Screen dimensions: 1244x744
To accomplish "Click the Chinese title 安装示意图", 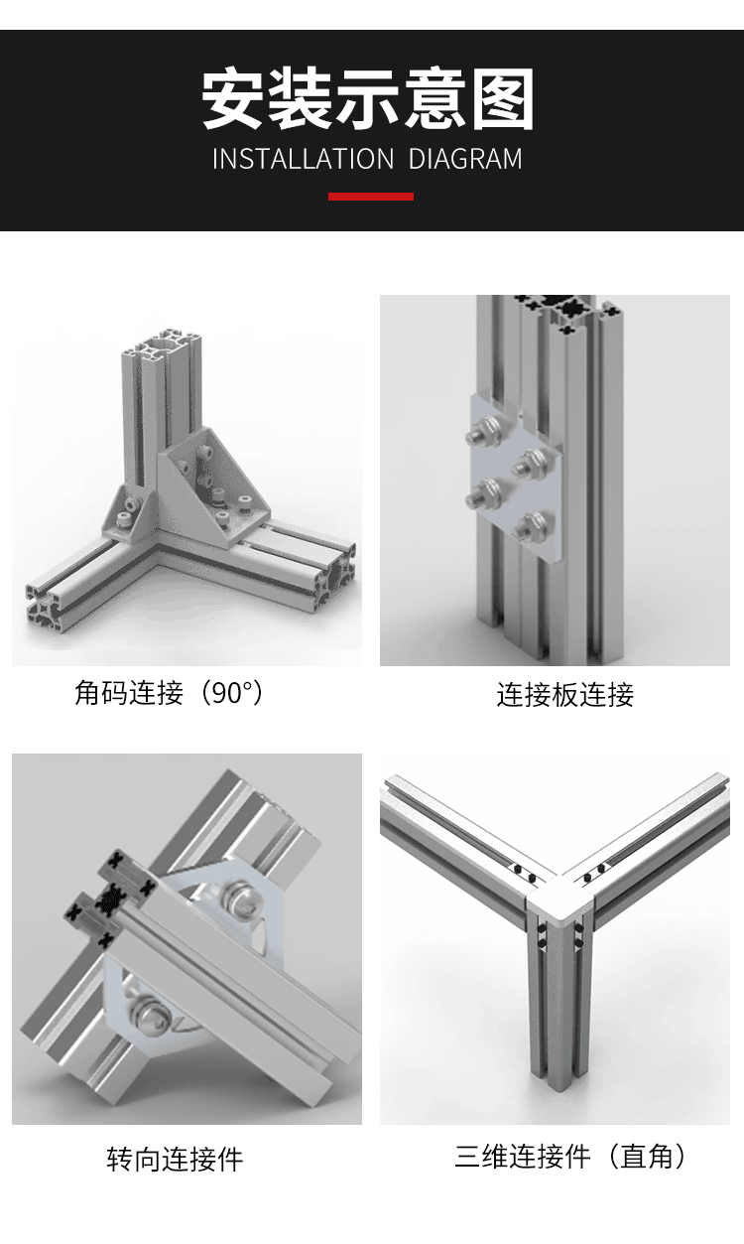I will point(368,100).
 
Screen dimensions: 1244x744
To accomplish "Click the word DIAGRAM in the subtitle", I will point(465,159).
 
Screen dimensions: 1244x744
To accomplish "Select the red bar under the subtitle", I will point(371,197).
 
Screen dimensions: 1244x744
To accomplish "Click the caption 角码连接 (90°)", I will point(170,693).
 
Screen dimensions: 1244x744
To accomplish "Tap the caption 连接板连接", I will point(564,695).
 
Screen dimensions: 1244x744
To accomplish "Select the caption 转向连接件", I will point(175,1159).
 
